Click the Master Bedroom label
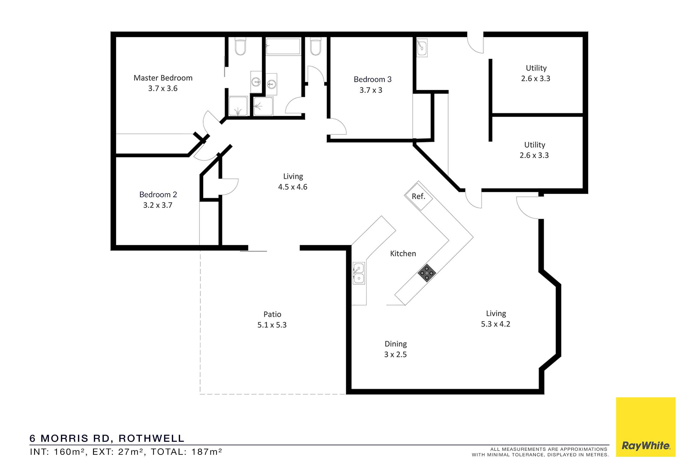163,78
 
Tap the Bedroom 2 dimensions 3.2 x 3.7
158,205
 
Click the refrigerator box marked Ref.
419,196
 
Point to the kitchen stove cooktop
427,273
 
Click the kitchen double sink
359,273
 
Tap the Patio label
272,314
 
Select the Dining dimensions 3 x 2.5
395,355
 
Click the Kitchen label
403,254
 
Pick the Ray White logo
646,427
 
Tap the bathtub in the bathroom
283,46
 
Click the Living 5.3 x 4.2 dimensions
496,324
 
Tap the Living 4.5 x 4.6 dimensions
293,187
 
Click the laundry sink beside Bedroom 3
422,48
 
